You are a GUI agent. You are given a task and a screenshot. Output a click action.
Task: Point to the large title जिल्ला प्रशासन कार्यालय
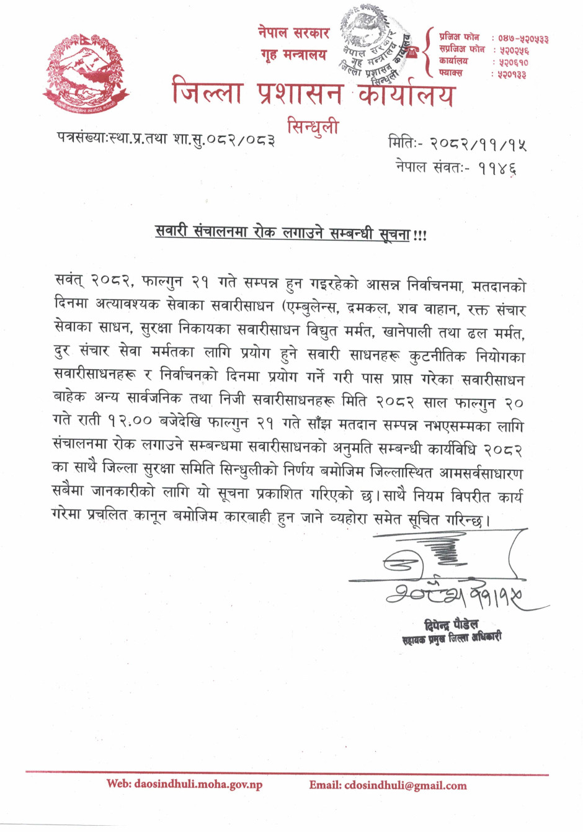(313, 94)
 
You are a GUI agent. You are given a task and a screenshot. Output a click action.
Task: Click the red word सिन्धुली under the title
(313, 127)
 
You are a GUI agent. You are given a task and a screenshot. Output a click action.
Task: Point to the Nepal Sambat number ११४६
(497, 168)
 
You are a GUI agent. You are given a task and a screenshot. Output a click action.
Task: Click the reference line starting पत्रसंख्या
(166, 138)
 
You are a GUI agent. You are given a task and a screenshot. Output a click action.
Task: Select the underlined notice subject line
(290, 234)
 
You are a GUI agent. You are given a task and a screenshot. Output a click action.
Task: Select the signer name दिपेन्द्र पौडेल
(451, 624)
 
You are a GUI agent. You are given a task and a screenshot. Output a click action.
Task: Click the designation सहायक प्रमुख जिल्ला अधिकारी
(451, 638)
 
